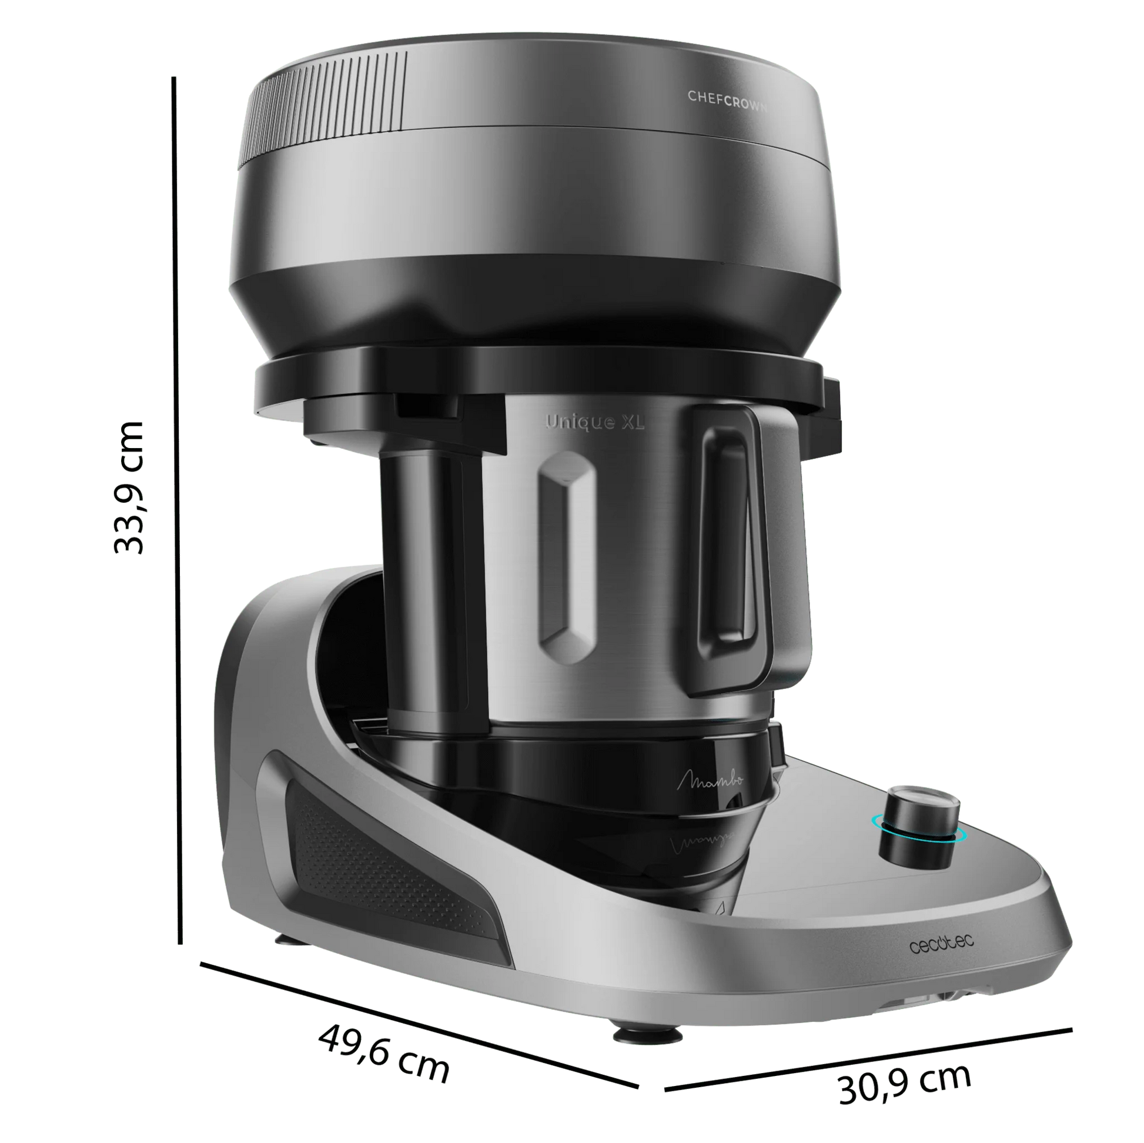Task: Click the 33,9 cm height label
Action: [x=129, y=487]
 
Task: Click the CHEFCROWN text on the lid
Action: [x=727, y=101]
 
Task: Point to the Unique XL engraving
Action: [x=594, y=422]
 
